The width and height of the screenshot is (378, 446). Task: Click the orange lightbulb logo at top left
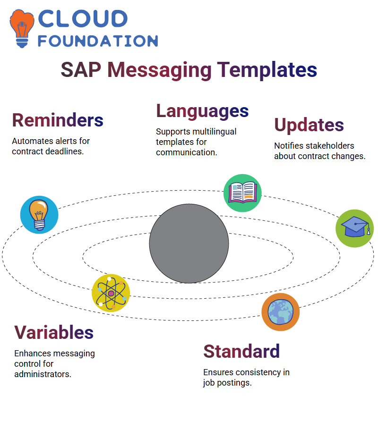point(22,28)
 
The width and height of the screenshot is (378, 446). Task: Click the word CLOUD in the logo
point(83,19)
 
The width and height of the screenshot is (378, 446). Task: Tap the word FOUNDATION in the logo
point(98,41)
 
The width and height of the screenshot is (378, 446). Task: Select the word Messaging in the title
point(160,70)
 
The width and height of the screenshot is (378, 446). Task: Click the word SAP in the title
point(81,70)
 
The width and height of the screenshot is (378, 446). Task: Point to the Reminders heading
point(58,120)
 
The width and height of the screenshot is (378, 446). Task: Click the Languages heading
point(202,111)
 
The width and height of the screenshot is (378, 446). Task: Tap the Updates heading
point(309,125)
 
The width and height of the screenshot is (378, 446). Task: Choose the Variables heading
point(54,332)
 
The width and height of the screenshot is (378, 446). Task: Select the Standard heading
point(241,351)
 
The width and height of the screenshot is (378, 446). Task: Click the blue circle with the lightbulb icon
point(39,215)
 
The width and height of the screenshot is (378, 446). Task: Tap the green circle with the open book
point(242,193)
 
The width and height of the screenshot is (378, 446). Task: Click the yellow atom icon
point(111,293)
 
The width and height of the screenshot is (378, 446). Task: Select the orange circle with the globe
point(281,312)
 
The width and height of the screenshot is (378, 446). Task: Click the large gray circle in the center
point(189,244)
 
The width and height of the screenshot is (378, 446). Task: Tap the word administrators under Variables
point(43,374)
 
